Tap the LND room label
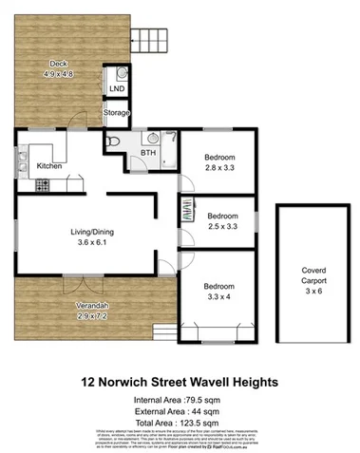click(x=117, y=88)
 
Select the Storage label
click(x=116, y=114)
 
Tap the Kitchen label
click(x=49, y=166)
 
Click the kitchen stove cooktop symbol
click(x=43, y=185)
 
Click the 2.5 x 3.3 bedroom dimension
click(x=220, y=227)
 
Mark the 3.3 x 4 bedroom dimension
click(x=220, y=296)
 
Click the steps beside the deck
click(x=158, y=39)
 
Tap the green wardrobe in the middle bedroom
click(x=184, y=215)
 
